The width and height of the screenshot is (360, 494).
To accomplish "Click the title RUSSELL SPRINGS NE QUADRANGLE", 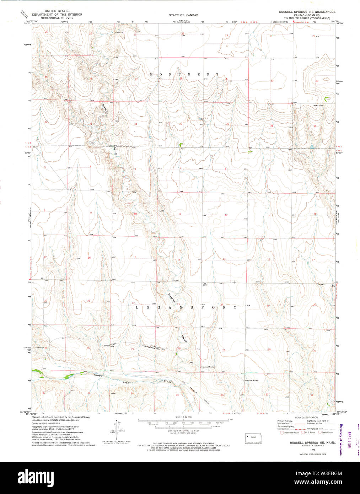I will point(307,12).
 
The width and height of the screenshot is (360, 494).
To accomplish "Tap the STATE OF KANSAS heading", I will point(183,15).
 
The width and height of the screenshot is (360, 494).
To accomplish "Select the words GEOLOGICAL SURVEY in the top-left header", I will point(57,18).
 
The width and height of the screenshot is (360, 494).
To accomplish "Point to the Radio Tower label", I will point(318,106).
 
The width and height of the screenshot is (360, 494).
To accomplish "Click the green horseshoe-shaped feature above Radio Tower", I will point(327,96).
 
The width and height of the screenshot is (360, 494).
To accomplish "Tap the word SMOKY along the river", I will point(100,375).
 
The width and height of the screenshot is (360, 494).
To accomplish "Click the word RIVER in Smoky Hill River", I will point(168,382).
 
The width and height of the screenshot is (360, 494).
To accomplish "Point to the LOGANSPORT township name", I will point(186,307).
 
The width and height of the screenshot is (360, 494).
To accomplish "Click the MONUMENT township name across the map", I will point(184,74).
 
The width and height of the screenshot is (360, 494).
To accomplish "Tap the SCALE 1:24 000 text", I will point(183,417).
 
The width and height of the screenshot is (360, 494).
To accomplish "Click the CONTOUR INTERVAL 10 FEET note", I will point(183,430).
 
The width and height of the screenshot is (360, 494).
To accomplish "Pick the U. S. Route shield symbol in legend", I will point(303,433).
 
